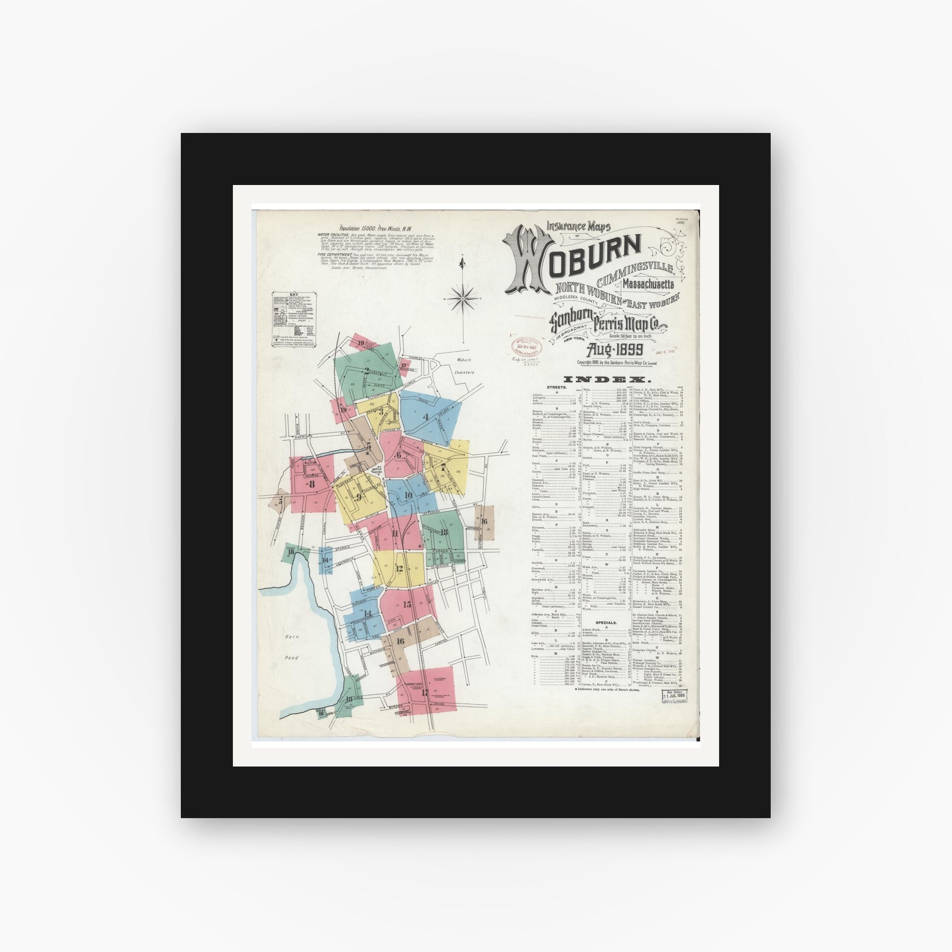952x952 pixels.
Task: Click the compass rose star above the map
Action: (462, 298)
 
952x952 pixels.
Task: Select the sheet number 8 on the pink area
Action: (312, 484)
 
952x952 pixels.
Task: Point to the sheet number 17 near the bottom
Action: (425, 692)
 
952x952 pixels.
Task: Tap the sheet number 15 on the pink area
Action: (407, 605)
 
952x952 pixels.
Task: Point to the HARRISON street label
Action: (302, 436)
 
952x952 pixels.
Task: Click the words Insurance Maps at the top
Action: (579, 227)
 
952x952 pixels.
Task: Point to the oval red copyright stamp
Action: (527, 348)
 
